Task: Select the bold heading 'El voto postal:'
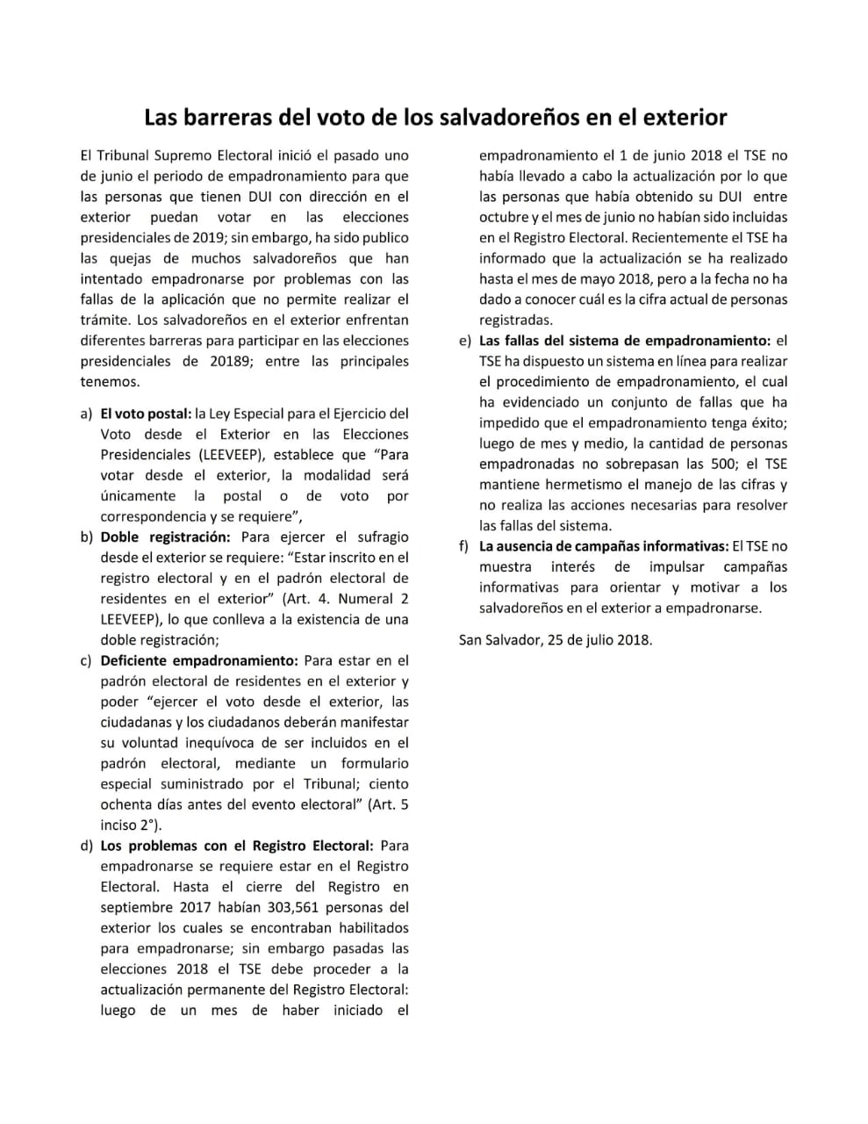point(146,414)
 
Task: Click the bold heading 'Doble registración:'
point(165,537)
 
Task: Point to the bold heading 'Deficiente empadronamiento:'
point(199,660)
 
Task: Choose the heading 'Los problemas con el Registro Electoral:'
point(237,846)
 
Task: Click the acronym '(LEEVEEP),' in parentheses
point(236,455)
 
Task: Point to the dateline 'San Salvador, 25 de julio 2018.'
point(556,639)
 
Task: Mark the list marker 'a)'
point(86,414)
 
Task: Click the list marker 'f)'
point(464,546)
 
